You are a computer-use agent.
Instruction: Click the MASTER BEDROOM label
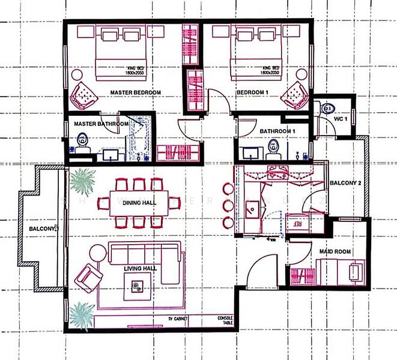pyautogui.click(x=135, y=92)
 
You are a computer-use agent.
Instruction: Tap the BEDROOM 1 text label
pyautogui.click(x=252, y=92)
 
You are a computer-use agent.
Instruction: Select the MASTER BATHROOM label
pyautogui.click(x=100, y=124)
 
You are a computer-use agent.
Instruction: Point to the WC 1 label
pyautogui.click(x=341, y=118)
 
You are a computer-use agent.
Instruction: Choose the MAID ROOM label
pyautogui.click(x=335, y=252)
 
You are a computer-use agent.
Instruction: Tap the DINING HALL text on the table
pyautogui.click(x=139, y=203)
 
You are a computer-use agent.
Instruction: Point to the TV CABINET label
pyautogui.click(x=178, y=318)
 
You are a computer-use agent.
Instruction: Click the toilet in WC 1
pyautogui.click(x=328, y=109)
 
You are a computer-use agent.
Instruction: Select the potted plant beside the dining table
pyautogui.click(x=82, y=180)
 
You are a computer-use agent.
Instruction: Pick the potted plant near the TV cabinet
pyautogui.click(x=81, y=313)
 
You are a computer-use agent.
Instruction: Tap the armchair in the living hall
pyautogui.click(x=88, y=277)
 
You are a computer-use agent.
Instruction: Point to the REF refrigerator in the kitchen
pyautogui.click(x=297, y=220)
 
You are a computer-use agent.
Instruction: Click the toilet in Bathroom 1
pyautogui.click(x=274, y=146)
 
